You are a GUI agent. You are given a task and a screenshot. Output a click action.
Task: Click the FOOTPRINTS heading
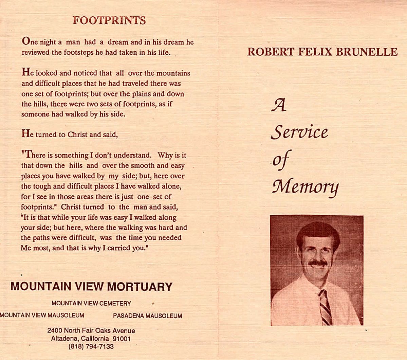point(109,21)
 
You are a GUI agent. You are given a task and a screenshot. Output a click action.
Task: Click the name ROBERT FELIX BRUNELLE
point(322,52)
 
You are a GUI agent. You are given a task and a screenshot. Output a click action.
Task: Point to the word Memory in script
point(305,186)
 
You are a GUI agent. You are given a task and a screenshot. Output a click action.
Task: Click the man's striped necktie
point(325,307)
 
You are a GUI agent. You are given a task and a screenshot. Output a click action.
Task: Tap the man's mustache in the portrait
point(318,263)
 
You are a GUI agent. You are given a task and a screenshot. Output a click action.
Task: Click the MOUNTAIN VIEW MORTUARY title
point(91,287)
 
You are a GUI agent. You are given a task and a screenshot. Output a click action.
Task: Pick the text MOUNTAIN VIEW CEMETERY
point(91,303)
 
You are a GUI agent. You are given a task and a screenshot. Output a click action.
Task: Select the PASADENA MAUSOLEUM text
point(147,316)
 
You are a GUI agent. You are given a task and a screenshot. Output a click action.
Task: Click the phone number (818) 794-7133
point(91,347)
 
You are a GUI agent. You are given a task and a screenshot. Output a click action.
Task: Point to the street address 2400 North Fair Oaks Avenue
point(91,330)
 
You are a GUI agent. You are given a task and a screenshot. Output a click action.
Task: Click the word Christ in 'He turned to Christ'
point(77,134)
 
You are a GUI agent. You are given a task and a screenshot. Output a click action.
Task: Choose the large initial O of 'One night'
point(25,41)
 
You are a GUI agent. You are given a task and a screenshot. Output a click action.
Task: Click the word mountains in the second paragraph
point(173,73)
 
